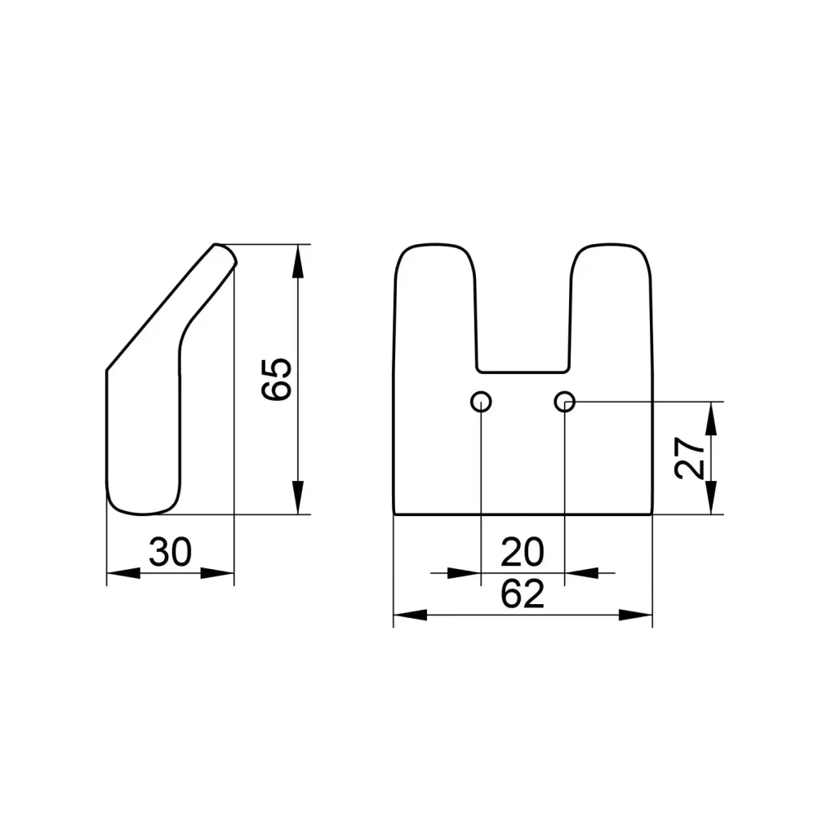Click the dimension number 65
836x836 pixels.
tap(277, 379)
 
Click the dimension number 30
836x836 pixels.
tap(170, 552)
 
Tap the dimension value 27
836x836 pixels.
tap(689, 457)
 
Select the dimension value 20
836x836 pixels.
tap(522, 553)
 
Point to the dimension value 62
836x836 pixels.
tap(522, 594)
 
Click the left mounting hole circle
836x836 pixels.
tap(481, 402)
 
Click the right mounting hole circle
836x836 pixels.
tap(565, 402)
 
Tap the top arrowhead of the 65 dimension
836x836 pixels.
tap(298, 261)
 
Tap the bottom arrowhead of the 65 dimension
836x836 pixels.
tap(298, 497)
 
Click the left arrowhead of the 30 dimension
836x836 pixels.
tap(123, 573)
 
